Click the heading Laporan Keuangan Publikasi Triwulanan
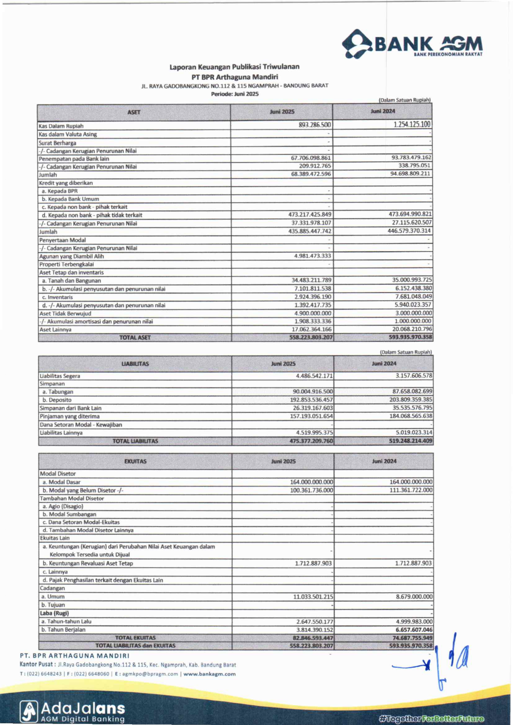click(234, 67)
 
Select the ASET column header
click(134, 112)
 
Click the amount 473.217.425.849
click(310, 215)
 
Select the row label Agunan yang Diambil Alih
click(71, 256)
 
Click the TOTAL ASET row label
click(135, 337)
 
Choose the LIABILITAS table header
click(135, 364)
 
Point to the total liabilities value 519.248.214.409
click(410, 441)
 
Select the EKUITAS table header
click(135, 461)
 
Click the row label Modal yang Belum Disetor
click(83, 490)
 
